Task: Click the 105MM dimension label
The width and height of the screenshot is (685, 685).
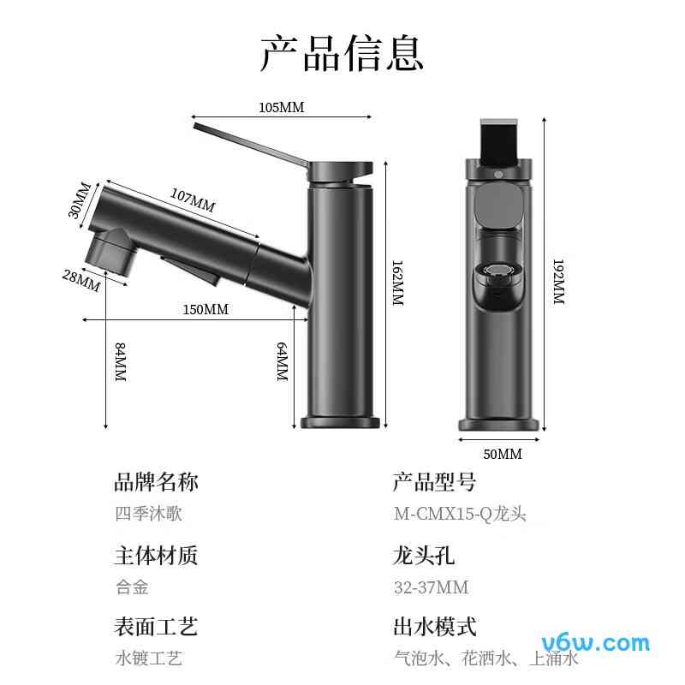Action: point(282,108)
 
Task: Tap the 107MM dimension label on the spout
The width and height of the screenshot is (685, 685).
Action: point(193,200)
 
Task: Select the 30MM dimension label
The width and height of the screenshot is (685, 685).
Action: point(80,200)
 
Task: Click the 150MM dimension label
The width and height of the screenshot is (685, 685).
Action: point(205,309)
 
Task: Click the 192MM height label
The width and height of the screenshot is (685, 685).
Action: point(557,283)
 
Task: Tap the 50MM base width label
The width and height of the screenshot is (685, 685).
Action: point(502,454)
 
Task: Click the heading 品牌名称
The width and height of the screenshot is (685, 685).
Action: point(156,482)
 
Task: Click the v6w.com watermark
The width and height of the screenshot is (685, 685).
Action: point(597,642)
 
